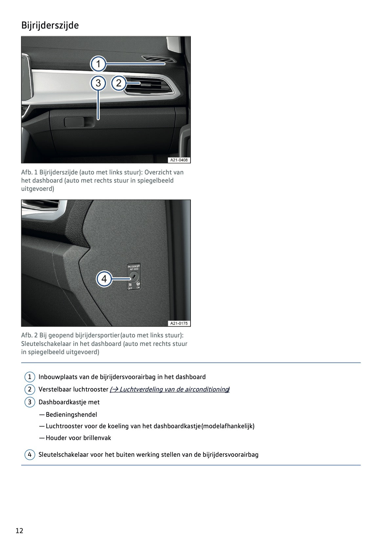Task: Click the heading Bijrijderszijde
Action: [x=50, y=25]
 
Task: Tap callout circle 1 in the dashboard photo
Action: [x=98, y=64]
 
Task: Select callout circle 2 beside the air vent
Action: [x=119, y=83]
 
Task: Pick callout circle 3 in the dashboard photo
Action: [x=98, y=83]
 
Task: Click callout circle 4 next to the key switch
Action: [x=104, y=279]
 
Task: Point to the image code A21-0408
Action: [x=179, y=160]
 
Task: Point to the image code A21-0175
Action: [x=179, y=323]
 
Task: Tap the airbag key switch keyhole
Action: [x=134, y=276]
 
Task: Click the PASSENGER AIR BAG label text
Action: [x=134, y=267]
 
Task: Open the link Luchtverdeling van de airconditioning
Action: [x=170, y=389]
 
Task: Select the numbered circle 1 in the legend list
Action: [x=30, y=377]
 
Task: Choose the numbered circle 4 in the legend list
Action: [x=30, y=454]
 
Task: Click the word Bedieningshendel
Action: [x=71, y=414]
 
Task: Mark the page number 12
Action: [x=19, y=531]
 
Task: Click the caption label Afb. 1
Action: [x=29, y=172]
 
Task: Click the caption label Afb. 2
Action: [x=30, y=335]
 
